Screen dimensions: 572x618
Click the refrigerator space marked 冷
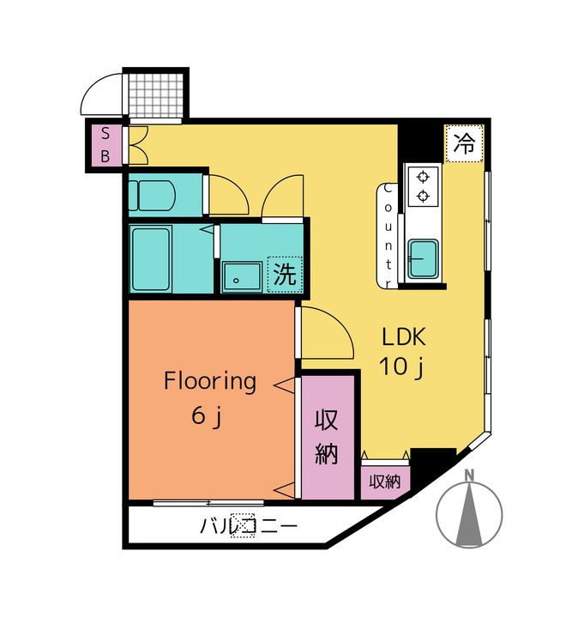click(464, 143)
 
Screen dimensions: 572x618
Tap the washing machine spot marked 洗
click(285, 275)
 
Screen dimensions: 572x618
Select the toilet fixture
click(152, 196)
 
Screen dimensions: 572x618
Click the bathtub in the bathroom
click(150, 259)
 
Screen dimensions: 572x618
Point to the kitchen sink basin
click(423, 259)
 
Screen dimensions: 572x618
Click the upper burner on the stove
click(423, 178)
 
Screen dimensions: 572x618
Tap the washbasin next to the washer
click(242, 277)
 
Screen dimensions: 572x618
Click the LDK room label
click(404, 337)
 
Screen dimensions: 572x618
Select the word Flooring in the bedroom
click(210, 381)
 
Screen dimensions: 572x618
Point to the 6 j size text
click(207, 415)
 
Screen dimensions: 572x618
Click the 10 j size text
click(400, 367)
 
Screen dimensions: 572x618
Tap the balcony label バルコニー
click(249, 526)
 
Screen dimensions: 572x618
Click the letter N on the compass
click(469, 476)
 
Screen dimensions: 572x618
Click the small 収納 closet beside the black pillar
click(385, 482)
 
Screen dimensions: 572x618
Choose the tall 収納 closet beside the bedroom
click(327, 437)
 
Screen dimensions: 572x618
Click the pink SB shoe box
click(105, 145)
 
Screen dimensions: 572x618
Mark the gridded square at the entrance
click(156, 95)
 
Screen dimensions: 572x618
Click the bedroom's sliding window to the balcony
click(208, 502)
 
